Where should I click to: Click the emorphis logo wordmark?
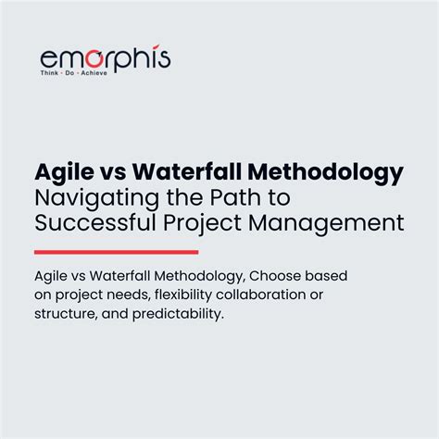point(105,57)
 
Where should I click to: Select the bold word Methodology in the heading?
point(315,173)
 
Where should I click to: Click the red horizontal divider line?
point(116,251)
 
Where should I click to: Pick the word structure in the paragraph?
point(64,314)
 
